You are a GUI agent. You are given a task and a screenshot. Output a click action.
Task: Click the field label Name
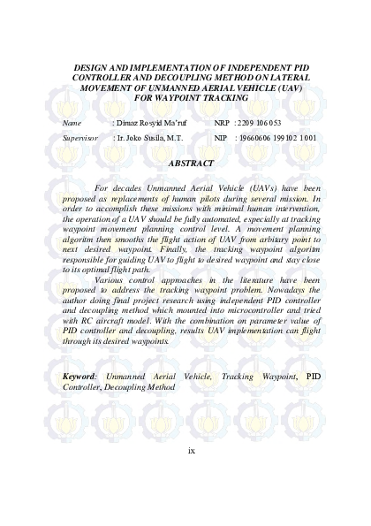[72, 123]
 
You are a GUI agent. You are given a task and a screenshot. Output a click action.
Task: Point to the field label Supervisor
[79, 139]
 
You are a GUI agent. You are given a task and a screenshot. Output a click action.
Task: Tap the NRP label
[221, 123]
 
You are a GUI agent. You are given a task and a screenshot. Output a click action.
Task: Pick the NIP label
[221, 139]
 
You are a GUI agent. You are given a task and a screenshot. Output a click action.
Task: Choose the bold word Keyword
[79, 401]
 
